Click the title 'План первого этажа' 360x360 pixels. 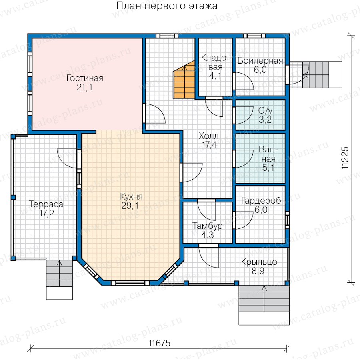[x=167, y=6]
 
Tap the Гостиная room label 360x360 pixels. [x=85, y=78]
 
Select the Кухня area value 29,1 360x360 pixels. [x=130, y=206]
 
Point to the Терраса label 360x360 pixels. [x=46, y=204]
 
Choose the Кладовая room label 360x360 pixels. [x=215, y=62]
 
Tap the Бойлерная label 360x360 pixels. [x=260, y=61]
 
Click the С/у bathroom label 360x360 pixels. [x=266, y=110]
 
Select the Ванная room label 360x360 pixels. [x=268, y=154]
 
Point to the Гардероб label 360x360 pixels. [x=261, y=201]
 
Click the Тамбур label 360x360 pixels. [x=208, y=226]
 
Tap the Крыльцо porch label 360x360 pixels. [x=259, y=262]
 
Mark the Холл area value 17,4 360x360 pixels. [x=209, y=145]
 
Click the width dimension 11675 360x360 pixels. [x=160, y=344]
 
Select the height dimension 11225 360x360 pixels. [x=345, y=158]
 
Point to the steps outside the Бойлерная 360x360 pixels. [x=316, y=75]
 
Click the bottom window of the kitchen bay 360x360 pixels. [x=130, y=283]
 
